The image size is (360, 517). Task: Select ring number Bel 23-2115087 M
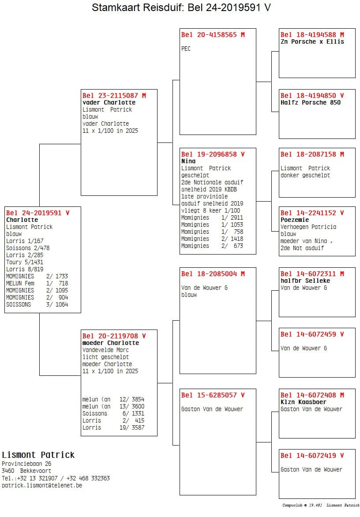point(114,95)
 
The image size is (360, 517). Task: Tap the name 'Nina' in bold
point(188,161)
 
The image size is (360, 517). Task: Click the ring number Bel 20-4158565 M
point(213,34)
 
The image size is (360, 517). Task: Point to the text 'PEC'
point(186,49)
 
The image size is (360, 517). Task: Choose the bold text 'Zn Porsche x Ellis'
point(312,41)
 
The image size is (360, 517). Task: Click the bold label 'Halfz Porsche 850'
point(311,102)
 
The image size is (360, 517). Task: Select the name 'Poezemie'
point(295,220)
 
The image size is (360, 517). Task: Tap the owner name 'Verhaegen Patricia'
point(308,227)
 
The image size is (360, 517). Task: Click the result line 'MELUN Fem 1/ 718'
point(37,283)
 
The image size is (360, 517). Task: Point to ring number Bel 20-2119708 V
point(114,336)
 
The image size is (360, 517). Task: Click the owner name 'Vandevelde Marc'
point(105,350)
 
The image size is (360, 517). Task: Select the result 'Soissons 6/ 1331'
point(113,413)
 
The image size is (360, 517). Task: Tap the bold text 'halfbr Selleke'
point(305,281)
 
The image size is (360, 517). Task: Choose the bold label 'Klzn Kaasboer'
point(304,402)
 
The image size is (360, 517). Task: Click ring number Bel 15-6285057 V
point(213,395)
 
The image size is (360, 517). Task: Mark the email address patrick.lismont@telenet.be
point(42,485)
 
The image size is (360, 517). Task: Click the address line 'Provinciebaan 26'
point(26,464)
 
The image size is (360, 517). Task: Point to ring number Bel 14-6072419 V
point(312,455)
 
